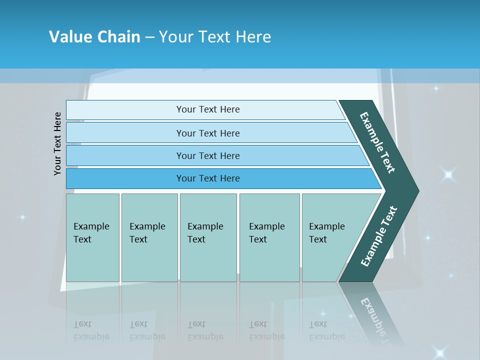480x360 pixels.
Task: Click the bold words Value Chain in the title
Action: pyautogui.click(x=94, y=36)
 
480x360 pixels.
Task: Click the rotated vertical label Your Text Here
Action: pyautogui.click(x=57, y=143)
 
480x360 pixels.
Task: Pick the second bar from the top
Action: pyautogui.click(x=207, y=133)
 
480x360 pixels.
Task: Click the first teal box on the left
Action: pyautogui.click(x=92, y=237)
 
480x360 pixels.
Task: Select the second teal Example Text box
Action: pyautogui.click(x=149, y=237)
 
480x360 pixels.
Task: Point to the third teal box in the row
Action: pyautogui.click(x=208, y=237)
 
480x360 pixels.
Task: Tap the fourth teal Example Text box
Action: pyautogui.click(x=269, y=237)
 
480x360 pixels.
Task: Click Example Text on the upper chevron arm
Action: pyautogui.click(x=377, y=142)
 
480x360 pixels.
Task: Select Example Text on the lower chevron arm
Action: pyautogui.click(x=378, y=236)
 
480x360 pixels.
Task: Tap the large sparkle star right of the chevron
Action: pyautogui.click(x=448, y=174)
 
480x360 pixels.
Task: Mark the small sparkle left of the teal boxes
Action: pyautogui.click(x=22, y=217)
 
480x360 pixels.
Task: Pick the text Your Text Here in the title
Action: pyautogui.click(x=215, y=36)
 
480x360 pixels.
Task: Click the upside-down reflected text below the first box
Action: pyautogui.click(x=91, y=330)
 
